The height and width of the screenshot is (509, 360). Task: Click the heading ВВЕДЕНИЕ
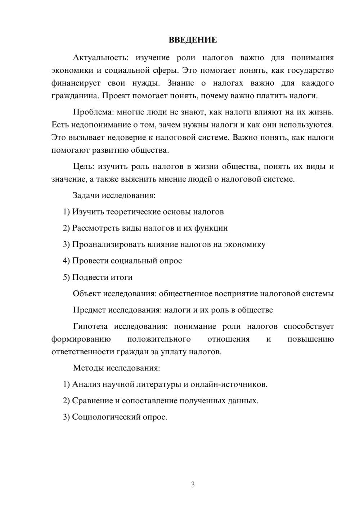pyautogui.click(x=193, y=40)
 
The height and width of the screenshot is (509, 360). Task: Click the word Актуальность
pyautogui.click(x=99, y=58)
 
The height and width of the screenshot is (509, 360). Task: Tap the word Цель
pyautogui.click(x=83, y=166)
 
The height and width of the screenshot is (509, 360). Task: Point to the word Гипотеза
pyautogui.click(x=90, y=326)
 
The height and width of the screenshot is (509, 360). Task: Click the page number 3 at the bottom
pyautogui.click(x=193, y=485)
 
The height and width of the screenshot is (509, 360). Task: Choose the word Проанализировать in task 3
pyautogui.click(x=108, y=244)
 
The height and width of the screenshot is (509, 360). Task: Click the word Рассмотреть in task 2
pyautogui.click(x=95, y=228)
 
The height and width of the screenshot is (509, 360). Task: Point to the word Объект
pyautogui.click(x=87, y=294)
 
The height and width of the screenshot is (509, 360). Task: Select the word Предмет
pyautogui.click(x=90, y=310)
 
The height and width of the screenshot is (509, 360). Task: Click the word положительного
pyautogui.click(x=159, y=339)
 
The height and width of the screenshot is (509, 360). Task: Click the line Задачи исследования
pyautogui.click(x=114, y=195)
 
